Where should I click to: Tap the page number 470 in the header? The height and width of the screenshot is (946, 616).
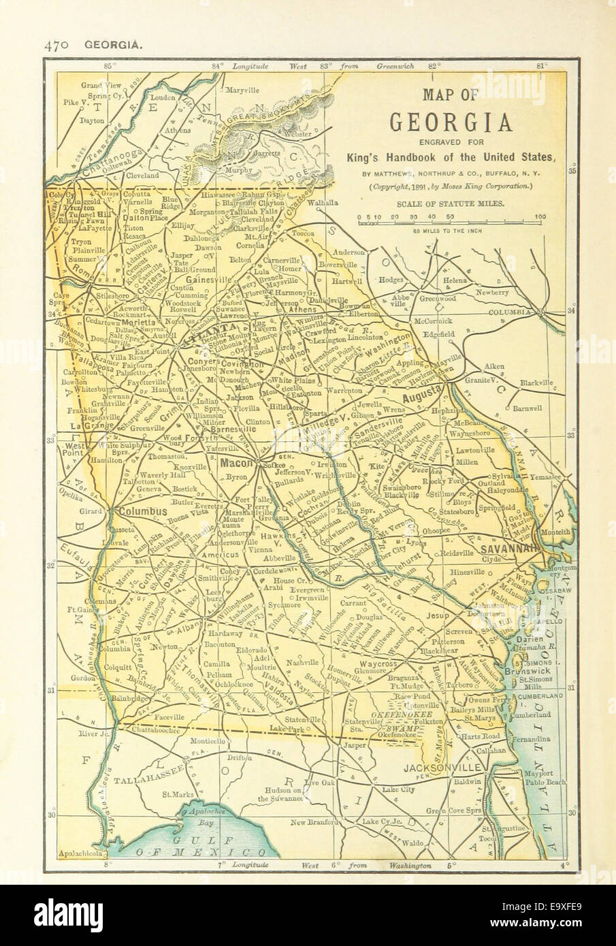(55, 46)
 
